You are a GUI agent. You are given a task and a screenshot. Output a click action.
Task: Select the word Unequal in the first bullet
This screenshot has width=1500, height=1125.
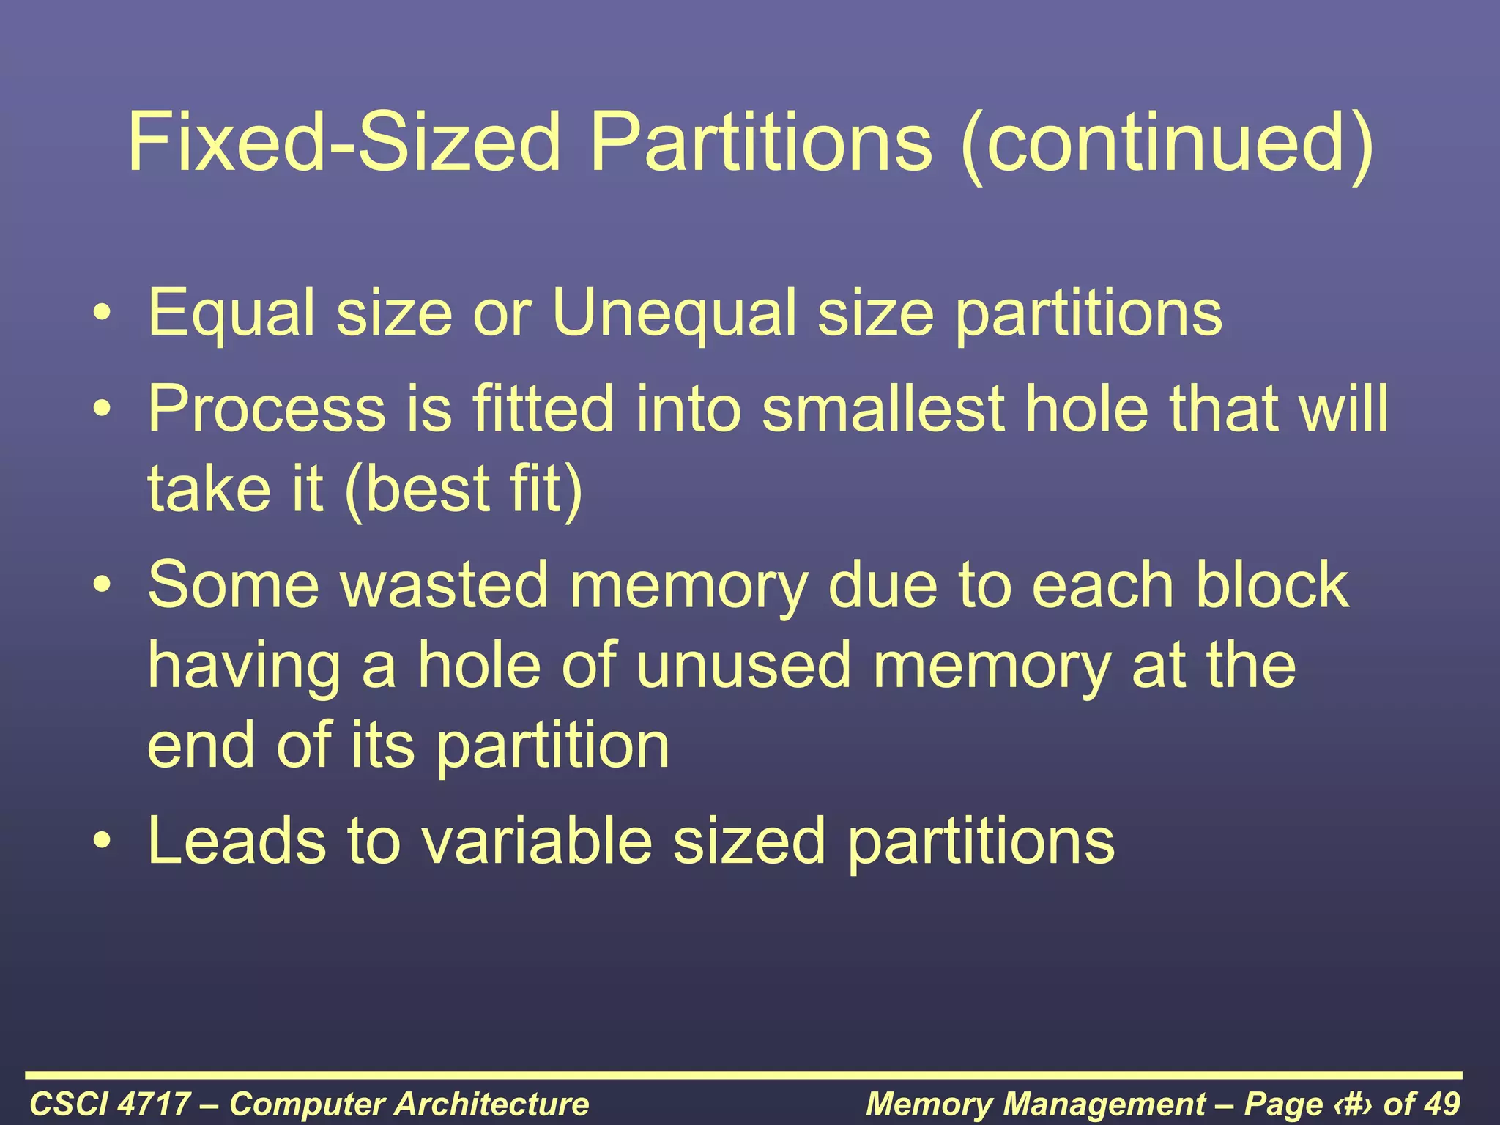click(672, 313)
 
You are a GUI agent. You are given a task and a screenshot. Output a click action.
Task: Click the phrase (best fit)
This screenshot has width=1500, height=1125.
click(463, 489)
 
